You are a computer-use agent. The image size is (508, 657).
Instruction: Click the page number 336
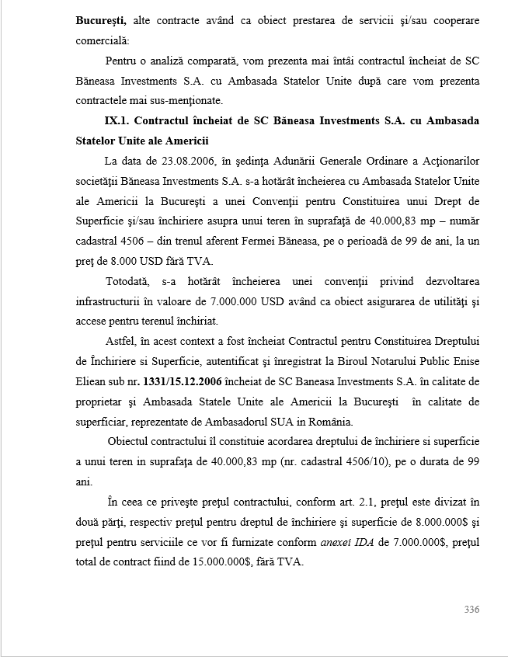coord(471,610)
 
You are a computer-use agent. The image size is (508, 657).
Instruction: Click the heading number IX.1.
coord(119,120)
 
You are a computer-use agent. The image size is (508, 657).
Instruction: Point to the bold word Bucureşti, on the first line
coord(102,20)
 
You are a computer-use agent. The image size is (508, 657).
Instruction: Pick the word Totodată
coord(128,280)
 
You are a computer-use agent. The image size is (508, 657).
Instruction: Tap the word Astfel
coord(121,341)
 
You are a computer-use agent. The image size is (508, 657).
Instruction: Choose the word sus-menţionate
coord(185,100)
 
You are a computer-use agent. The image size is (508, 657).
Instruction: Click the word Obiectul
coord(130,442)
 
